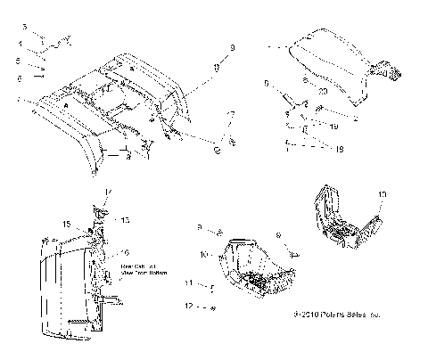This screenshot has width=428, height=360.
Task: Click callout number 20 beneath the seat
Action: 322,92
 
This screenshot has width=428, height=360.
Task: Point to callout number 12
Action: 188,306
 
